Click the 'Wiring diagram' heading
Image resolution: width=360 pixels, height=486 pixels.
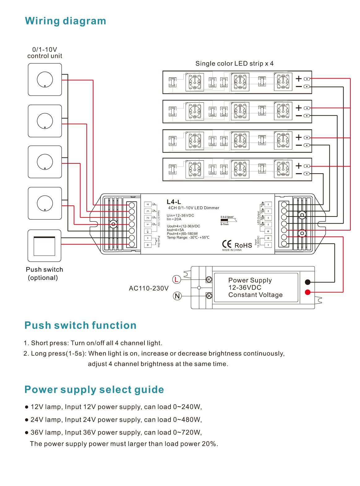(x=65, y=21)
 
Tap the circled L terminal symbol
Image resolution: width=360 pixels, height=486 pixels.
(x=176, y=280)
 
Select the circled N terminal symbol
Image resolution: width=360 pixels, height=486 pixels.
(x=177, y=296)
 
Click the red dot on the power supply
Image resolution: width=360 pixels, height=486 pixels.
(x=307, y=292)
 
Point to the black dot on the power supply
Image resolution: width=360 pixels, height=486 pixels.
(x=307, y=282)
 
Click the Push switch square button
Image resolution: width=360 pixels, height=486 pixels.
(x=44, y=246)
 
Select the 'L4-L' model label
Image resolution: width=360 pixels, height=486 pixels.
(x=174, y=202)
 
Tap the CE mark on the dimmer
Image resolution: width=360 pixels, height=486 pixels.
(x=227, y=244)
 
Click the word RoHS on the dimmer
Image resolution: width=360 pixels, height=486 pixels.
(x=243, y=245)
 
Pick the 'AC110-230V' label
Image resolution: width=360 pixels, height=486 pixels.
(x=148, y=288)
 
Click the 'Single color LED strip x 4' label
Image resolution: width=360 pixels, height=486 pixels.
(x=234, y=63)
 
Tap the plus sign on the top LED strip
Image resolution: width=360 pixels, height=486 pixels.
(x=299, y=79)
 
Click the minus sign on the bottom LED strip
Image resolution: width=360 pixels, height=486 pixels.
(x=299, y=174)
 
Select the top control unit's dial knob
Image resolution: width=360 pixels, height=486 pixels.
(x=45, y=80)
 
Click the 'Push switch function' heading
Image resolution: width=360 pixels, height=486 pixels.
(x=80, y=325)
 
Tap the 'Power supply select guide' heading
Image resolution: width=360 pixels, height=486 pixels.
(x=94, y=389)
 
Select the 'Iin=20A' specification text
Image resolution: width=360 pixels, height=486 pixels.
(x=174, y=219)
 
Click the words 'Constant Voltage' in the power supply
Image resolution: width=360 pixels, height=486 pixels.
(x=255, y=295)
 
